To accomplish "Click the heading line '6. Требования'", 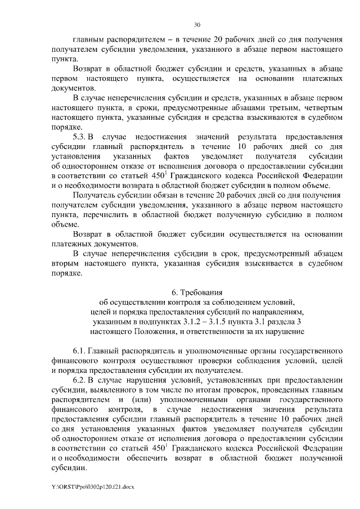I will click(197, 292).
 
